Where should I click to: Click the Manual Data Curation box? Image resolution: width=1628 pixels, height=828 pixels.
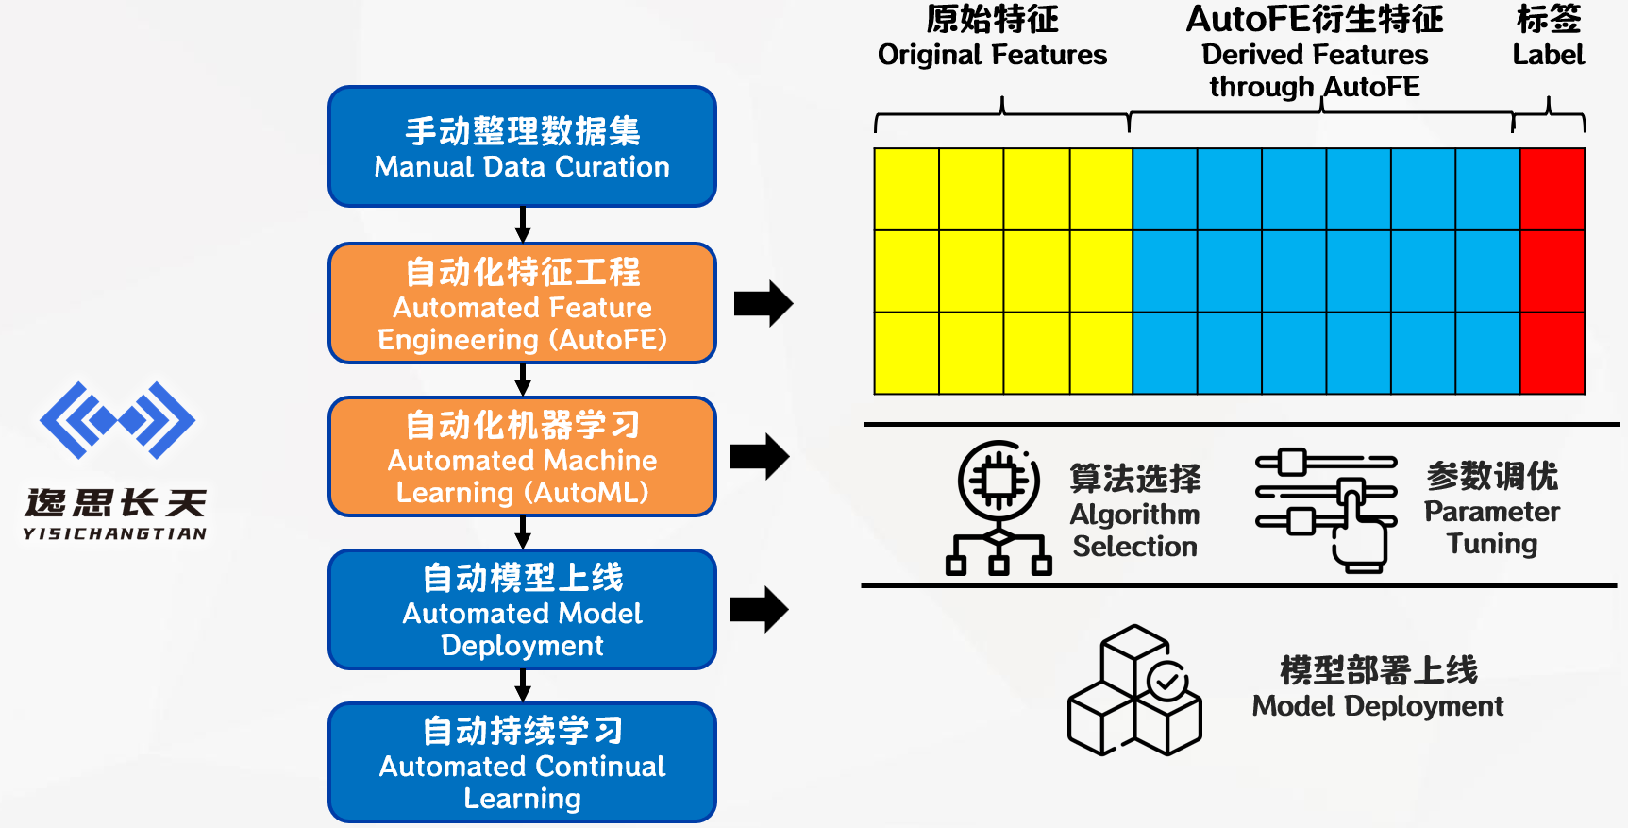click(522, 146)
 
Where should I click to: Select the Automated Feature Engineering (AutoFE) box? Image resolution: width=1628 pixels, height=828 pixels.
click(522, 303)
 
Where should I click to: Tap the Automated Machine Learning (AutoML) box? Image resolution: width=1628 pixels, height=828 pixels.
click(522, 457)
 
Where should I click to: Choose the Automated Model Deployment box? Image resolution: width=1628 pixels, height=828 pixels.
click(522, 610)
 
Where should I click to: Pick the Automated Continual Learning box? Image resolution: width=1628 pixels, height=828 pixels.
click(522, 763)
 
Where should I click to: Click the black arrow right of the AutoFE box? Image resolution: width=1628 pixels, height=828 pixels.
click(764, 303)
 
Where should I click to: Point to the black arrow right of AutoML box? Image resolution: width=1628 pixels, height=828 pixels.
click(760, 457)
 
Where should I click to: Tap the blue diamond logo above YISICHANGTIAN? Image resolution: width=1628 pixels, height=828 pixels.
click(117, 420)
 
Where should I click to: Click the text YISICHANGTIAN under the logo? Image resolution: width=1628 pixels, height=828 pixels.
click(115, 533)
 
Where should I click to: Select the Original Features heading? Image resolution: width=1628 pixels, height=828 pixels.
click(992, 55)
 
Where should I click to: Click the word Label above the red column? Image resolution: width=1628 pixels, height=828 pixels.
click(1548, 55)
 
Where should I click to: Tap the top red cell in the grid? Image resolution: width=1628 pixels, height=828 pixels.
click(1552, 189)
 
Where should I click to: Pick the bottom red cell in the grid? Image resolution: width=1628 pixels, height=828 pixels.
click(1552, 353)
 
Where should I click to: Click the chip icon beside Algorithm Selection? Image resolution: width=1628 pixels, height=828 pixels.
click(999, 508)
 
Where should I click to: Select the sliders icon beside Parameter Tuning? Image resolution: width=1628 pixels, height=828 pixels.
click(1325, 510)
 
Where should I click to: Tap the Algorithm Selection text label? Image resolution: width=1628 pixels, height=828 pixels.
click(1134, 530)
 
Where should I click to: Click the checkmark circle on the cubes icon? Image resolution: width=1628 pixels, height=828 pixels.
click(1167, 681)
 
